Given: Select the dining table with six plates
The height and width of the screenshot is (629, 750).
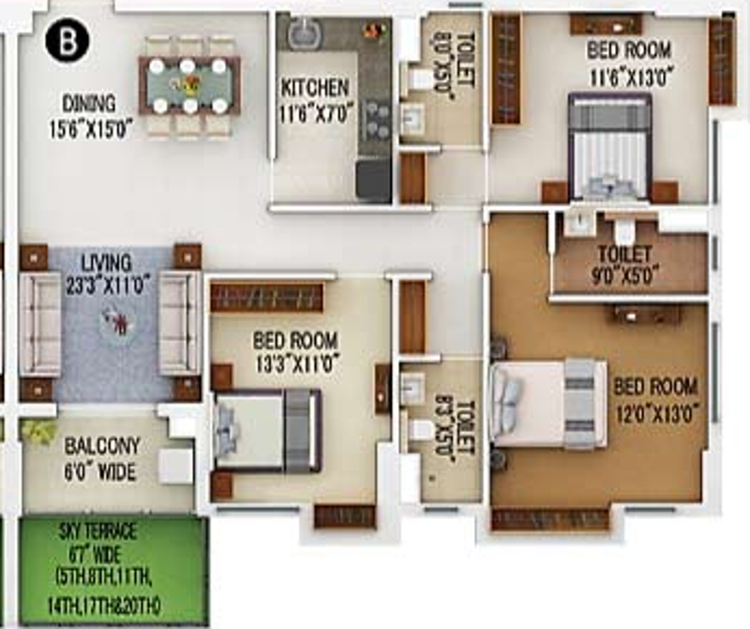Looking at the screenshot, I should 188,85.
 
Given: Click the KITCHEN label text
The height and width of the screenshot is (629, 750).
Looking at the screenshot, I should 315,88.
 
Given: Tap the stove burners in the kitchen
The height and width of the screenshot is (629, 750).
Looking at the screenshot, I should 377,119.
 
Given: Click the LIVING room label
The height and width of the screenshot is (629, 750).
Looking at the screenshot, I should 106,262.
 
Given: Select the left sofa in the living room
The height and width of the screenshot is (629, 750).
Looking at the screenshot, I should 40,323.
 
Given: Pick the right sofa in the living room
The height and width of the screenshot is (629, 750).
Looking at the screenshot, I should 179,323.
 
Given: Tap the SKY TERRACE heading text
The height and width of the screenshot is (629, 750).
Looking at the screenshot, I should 111,532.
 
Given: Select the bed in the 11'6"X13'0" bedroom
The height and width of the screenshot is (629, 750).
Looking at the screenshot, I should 609,145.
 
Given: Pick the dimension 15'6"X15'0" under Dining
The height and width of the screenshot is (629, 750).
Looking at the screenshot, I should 91,127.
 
